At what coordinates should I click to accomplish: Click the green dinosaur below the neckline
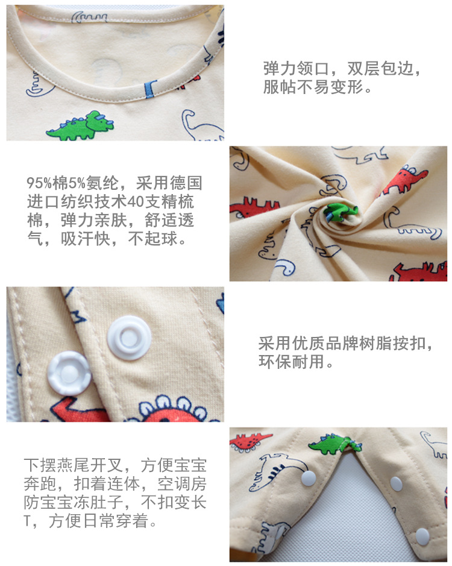tap(81, 125)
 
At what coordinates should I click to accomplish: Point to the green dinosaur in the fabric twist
tap(339, 213)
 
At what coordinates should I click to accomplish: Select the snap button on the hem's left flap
tap(309, 479)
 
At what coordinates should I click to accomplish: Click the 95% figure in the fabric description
tap(39, 183)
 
